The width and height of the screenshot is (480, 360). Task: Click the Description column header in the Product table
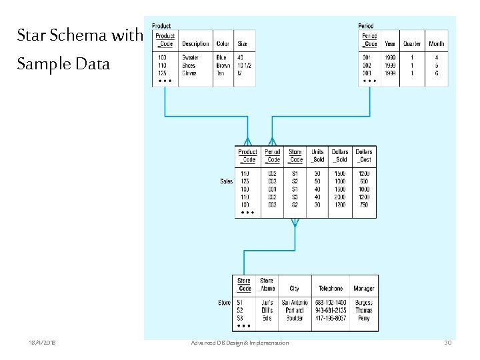coord(195,44)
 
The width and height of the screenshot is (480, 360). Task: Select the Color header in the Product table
coord(222,44)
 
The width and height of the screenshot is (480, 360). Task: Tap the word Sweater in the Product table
coord(190,58)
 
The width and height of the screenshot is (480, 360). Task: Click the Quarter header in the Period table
coord(412,44)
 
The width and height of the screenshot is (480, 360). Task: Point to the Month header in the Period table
coord(437,44)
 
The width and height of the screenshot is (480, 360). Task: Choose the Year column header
coord(390,44)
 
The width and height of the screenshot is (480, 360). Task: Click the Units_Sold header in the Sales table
coord(317,155)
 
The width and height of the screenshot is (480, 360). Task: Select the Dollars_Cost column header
coord(363,155)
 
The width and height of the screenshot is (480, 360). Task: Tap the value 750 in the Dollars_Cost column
coord(363,205)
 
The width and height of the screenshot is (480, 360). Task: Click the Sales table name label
coord(227,181)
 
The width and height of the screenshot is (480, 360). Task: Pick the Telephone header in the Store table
coord(331,289)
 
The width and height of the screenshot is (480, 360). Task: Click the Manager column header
coord(364,289)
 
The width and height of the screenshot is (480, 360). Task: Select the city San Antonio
coord(294,303)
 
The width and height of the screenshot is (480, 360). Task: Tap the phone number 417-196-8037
coord(331,317)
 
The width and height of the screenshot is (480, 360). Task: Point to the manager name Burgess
coord(364,303)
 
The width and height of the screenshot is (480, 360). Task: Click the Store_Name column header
coord(267,285)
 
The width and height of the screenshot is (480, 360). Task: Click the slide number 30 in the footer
coord(448,343)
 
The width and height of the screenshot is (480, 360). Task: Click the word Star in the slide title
coord(30,35)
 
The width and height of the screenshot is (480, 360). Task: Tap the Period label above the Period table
coord(365,26)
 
